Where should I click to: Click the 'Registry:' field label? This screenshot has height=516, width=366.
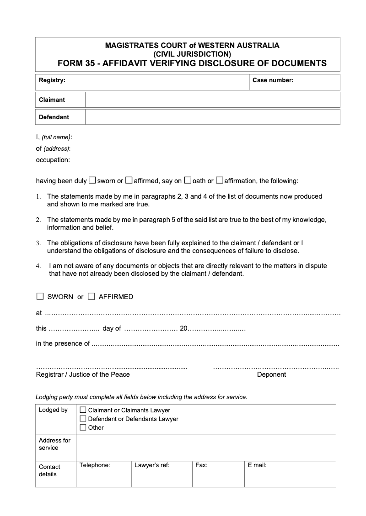pos(52,80)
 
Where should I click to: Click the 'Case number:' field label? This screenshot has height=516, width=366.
pos(273,80)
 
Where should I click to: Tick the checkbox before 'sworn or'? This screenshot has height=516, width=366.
pos(92,180)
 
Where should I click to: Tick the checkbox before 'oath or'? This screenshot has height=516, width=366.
pos(188,180)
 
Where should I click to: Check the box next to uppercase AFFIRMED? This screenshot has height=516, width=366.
pos(91,296)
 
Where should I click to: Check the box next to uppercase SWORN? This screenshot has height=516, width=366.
pos(40,296)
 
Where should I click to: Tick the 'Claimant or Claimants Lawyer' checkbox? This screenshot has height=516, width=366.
pos(83,410)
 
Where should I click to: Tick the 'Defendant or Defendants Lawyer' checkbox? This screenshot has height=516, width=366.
pos(83,419)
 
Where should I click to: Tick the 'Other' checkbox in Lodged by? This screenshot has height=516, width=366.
pos(83,427)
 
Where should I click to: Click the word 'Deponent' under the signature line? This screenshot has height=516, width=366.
pos(271,374)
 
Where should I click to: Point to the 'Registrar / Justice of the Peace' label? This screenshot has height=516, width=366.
pos(83,374)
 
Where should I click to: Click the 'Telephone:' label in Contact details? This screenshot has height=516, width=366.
pos(95,465)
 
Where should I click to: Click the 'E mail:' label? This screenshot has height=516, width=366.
pos(257,465)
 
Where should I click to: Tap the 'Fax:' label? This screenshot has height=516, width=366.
pos(201,465)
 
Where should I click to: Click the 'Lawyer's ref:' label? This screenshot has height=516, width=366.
pos(152,465)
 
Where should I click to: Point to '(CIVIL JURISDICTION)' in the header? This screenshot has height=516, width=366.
pos(192,54)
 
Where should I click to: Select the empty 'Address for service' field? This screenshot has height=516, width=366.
pos(206,448)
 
